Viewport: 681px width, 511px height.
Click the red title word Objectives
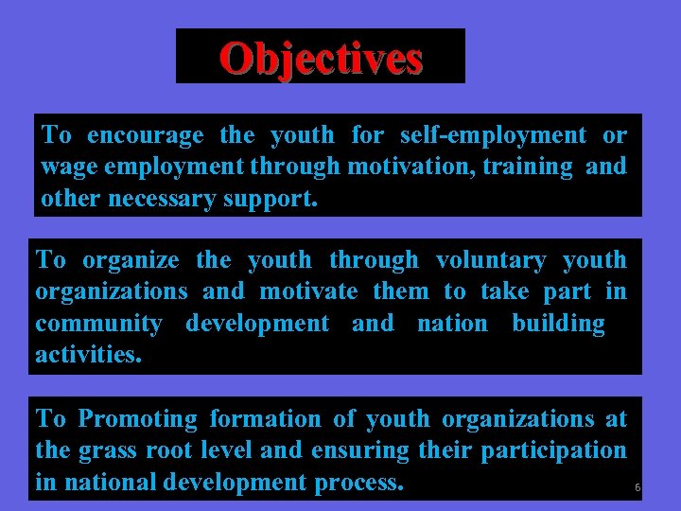[x=321, y=58]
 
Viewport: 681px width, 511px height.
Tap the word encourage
[x=146, y=136]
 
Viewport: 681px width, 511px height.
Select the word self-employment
[x=493, y=136]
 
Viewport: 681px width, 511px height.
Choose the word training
[x=532, y=167]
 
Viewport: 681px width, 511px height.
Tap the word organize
[x=131, y=260]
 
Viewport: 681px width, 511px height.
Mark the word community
[x=98, y=324]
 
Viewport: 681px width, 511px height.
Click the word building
[x=558, y=324]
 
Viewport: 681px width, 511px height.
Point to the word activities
[x=88, y=355]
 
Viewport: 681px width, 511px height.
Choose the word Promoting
[x=138, y=419]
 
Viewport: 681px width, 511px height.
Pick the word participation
[x=553, y=450]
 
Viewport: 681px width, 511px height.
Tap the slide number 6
[x=637, y=488]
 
